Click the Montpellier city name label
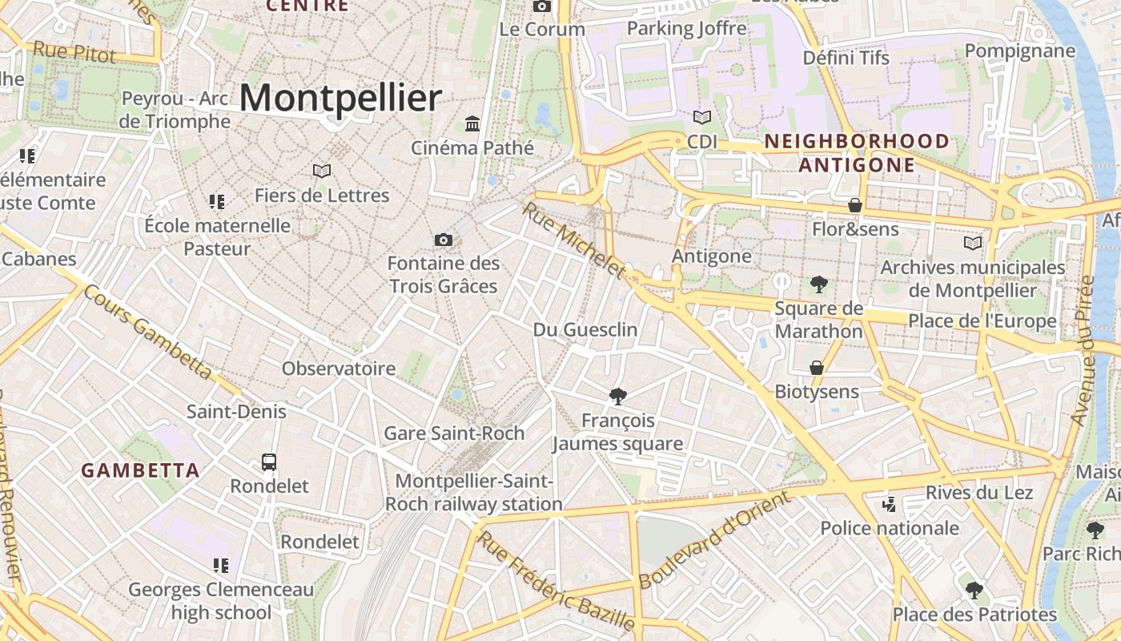tap(340, 99)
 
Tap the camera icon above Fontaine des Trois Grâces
tap(443, 240)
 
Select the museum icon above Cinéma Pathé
tap(472, 124)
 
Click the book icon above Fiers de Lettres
tap(322, 171)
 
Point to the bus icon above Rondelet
tap(269, 462)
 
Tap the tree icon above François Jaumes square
tap(617, 396)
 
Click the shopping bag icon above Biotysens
tap(817, 368)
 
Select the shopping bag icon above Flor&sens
tap(855, 205)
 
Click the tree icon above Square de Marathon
tap(818, 284)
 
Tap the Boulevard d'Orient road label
tap(714, 538)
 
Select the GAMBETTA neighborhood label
tap(140, 470)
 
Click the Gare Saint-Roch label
tap(454, 433)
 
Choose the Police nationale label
tap(890, 528)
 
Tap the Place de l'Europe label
tap(982, 321)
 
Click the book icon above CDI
tap(702, 117)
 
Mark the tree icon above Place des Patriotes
tap(974, 591)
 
